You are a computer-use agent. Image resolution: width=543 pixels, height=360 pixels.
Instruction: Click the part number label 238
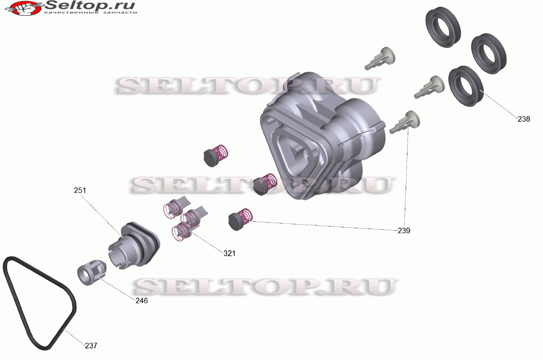(x=524, y=119)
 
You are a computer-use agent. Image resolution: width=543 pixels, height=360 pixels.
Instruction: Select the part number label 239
(x=404, y=231)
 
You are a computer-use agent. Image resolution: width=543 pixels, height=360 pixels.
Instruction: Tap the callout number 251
(x=80, y=190)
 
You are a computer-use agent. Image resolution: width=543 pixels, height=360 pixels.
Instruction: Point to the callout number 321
(x=229, y=253)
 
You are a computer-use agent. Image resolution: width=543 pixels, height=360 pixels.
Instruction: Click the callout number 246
(x=142, y=301)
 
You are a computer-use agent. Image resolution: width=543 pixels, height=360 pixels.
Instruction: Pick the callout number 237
(x=91, y=346)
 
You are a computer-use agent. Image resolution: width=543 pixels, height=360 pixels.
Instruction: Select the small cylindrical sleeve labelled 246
(x=91, y=273)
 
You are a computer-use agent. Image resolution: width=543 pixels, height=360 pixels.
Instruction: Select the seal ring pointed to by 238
(x=466, y=86)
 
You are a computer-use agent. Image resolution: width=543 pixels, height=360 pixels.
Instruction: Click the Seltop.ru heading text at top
(x=90, y=6)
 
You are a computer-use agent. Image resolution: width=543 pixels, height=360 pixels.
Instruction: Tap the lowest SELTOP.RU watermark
(x=265, y=287)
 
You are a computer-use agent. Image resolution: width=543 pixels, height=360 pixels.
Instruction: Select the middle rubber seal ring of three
(x=489, y=53)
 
